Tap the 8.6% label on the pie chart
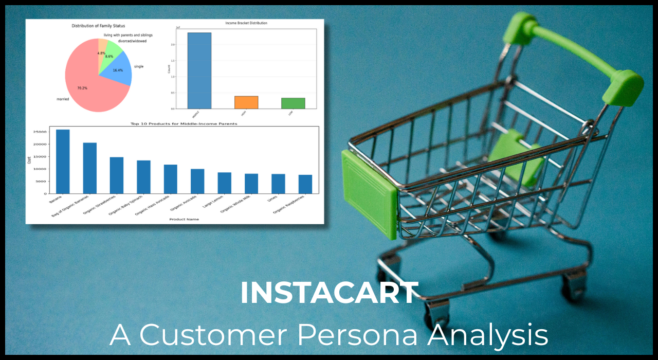pos(109,56)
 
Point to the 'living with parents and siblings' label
pos(124,35)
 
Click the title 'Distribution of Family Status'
pos(98,26)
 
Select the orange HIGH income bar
pos(246,102)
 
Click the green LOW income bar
pos(293,103)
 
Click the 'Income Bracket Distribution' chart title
pos(246,23)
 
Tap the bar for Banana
pos(63,161)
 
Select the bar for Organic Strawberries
pos(117,175)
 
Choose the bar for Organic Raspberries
pos(305,184)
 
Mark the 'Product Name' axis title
pos(184,219)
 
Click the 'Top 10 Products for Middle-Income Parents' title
pos(184,124)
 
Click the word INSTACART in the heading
pos(329,293)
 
